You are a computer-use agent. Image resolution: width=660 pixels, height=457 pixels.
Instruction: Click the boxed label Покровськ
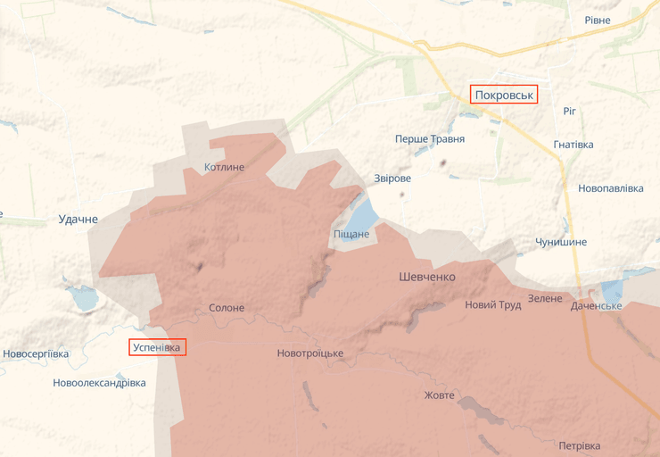coord(504,95)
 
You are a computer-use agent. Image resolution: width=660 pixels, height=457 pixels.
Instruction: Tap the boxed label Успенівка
coord(157,347)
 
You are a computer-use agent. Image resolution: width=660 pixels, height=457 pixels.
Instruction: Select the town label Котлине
coord(224,167)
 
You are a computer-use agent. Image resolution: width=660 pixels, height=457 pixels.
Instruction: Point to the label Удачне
coord(78,219)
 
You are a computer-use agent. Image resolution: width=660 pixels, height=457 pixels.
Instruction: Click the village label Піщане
coord(351,234)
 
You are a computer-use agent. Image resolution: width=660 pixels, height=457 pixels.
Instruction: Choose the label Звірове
coord(392,179)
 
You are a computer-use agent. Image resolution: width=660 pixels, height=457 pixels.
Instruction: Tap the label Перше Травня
coord(430,139)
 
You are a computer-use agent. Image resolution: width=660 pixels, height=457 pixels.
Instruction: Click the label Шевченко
coord(426,277)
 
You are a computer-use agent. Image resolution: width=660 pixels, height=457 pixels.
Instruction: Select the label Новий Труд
coord(492,304)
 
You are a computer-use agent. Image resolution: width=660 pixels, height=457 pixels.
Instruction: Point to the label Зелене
coord(545,298)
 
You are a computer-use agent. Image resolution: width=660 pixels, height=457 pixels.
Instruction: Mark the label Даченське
coord(596,306)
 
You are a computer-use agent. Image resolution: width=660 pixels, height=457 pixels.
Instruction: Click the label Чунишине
coord(561,243)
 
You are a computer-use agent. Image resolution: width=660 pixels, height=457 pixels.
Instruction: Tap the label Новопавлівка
coord(610,189)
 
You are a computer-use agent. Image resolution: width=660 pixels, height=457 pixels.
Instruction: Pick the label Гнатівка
coord(573,145)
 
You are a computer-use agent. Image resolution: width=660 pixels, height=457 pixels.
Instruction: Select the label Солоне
coord(226,308)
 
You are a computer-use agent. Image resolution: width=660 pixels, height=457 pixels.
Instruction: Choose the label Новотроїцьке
coord(309,353)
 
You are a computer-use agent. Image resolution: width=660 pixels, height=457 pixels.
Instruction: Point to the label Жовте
coord(439,395)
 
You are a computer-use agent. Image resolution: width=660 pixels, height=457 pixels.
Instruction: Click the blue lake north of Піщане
coord(361,214)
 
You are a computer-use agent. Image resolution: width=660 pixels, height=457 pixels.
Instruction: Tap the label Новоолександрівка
coord(99,383)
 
